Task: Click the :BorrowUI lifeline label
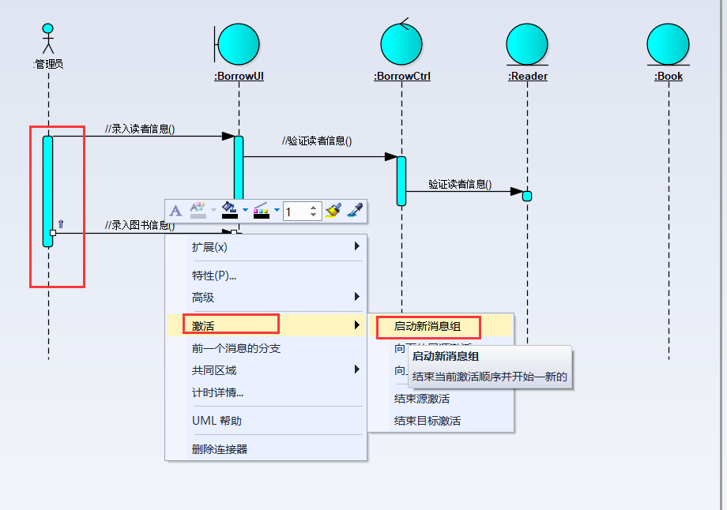[239, 77]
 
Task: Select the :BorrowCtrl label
[402, 77]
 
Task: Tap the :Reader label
[528, 77]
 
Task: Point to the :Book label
[669, 77]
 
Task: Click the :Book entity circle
[668, 44]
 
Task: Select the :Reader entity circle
[527, 44]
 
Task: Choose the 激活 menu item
[203, 325]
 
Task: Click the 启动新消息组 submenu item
[427, 325]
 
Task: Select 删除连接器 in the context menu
[220, 449]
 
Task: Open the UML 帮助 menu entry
[217, 421]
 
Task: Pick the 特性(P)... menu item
[214, 276]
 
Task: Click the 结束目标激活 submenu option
[428, 421]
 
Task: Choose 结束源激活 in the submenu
[422, 399]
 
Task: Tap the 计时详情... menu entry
[217, 392]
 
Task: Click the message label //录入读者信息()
[140, 129]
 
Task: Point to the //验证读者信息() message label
[317, 141]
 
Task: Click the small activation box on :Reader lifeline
[527, 196]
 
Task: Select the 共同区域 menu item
[214, 369]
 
